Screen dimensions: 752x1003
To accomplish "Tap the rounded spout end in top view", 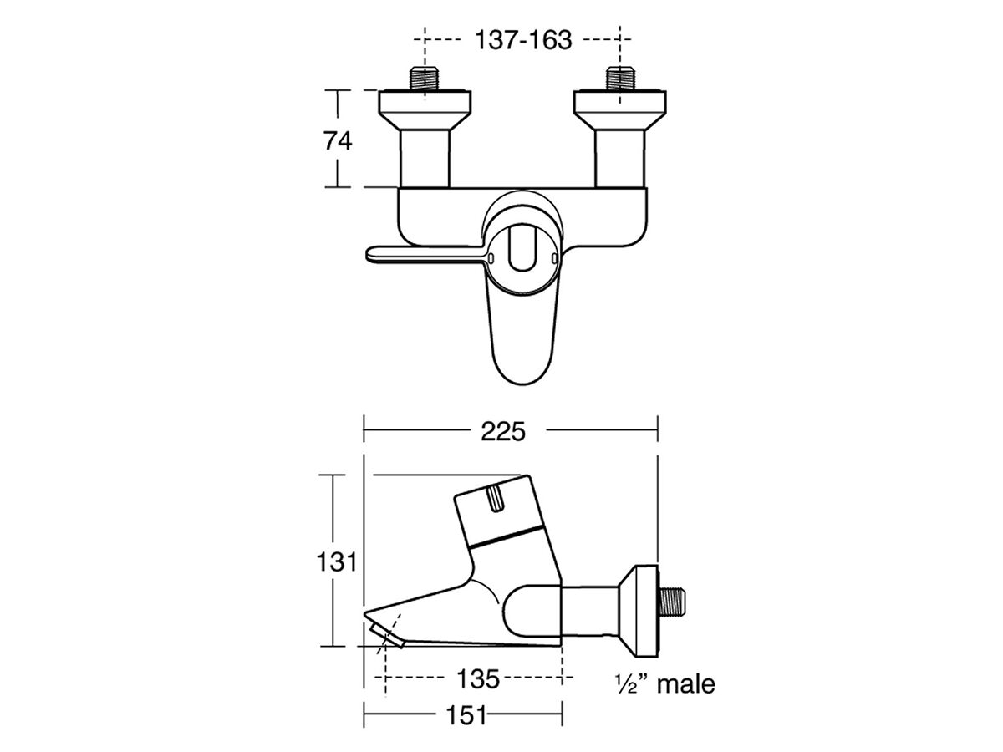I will coord(522,351).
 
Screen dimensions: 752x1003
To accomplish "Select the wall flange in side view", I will coord(640,606).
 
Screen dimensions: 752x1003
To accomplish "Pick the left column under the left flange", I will coord(426,159).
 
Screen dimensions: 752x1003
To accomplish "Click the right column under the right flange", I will coord(619,159).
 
